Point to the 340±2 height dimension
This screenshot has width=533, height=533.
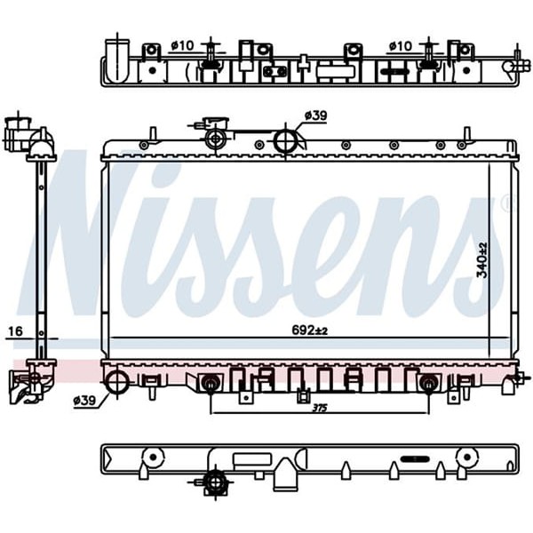[482, 259]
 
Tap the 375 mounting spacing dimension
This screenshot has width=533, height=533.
[318, 408]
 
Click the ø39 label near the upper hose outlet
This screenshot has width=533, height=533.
[315, 115]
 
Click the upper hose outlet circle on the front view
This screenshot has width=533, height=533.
[284, 140]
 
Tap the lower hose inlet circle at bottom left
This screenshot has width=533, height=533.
[117, 383]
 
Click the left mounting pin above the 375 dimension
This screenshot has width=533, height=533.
[211, 384]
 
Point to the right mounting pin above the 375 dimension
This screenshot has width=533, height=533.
[429, 384]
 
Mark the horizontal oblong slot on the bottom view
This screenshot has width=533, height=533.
[414, 459]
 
